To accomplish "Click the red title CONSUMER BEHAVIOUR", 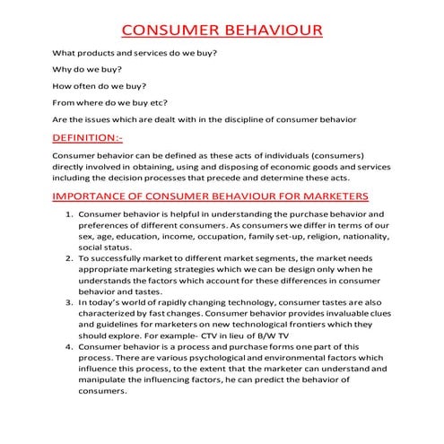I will [222, 32].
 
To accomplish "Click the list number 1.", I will [70, 215].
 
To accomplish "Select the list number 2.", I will [70, 258].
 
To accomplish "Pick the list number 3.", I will [70, 302].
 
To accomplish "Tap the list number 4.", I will [70, 345].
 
